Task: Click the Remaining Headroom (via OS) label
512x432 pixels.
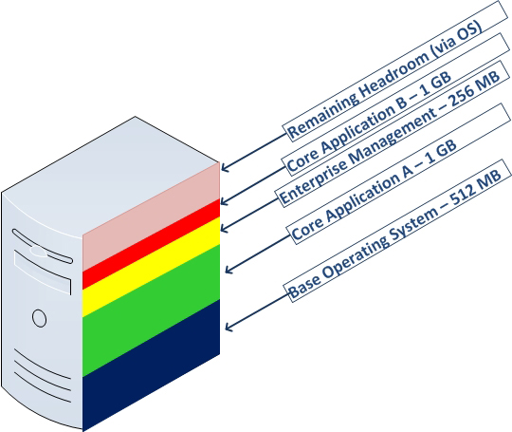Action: [385, 80]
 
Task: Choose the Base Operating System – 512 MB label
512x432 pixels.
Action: [394, 234]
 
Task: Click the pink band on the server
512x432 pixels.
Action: [151, 216]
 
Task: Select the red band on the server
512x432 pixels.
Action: [151, 244]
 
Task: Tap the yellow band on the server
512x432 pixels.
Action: [151, 267]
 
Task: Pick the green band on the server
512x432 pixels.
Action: [151, 310]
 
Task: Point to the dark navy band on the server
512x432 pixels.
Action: [151, 366]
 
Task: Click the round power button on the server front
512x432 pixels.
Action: [39, 318]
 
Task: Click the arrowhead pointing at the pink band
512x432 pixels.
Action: [225, 167]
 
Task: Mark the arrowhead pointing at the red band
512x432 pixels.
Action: [224, 201]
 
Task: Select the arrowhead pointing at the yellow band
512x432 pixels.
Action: [224, 228]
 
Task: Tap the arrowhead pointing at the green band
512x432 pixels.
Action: [229, 269]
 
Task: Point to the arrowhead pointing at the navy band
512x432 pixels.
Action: [229, 327]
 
